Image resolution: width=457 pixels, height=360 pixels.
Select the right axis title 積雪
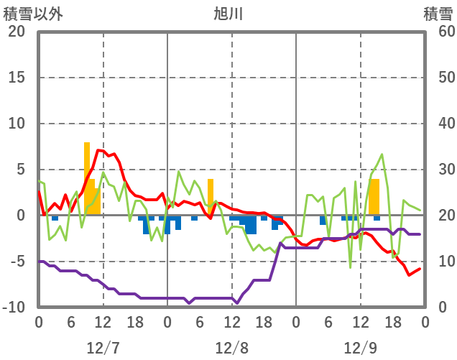pos(437,14)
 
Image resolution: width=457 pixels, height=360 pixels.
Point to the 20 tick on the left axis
pos(16,32)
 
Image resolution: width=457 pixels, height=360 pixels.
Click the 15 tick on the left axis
pos(16,78)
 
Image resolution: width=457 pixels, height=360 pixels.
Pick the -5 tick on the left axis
pos(16,262)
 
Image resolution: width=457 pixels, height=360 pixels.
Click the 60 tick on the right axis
pos(438,32)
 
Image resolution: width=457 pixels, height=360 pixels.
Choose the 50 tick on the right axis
pos(438,78)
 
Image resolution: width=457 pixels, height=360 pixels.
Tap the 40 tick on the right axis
pos(438,124)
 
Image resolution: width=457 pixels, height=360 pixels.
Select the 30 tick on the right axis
pos(438,170)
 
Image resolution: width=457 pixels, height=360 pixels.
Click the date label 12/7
pos(103,348)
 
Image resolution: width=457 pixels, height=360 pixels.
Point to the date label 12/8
pos(231,348)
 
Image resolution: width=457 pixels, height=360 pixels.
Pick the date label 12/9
pos(360,348)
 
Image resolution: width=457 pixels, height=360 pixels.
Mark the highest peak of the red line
pos(100,150)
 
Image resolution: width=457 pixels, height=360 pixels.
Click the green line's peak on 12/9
pos(382,154)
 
